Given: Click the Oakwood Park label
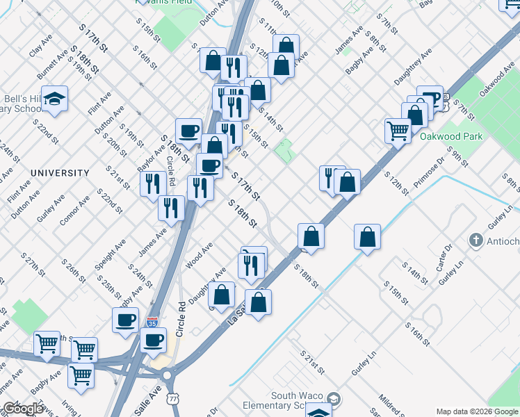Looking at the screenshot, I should [x=451, y=137].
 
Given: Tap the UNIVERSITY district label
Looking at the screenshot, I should [x=60, y=172].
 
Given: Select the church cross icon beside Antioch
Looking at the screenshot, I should [x=476, y=240].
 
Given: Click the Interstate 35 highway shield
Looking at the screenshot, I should [x=152, y=322].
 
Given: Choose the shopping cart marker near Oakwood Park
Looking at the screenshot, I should [x=398, y=130].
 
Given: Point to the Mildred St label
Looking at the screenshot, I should [x=389, y=404].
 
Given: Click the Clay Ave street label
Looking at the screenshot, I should [x=40, y=47].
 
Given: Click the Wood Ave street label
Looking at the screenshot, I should [x=198, y=256].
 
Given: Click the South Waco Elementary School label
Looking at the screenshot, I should [x=285, y=400].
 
